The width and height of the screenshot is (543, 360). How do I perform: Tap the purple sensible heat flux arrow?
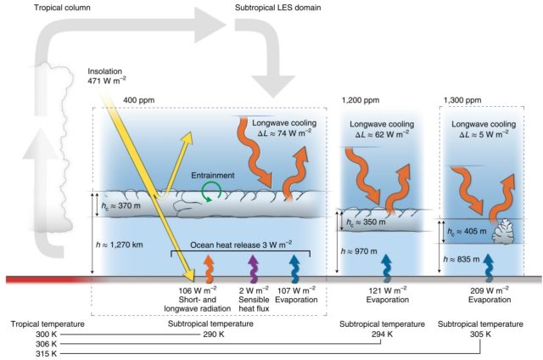254,269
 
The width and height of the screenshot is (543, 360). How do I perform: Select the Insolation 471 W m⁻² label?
106,76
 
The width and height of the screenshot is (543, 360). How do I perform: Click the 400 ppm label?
138,100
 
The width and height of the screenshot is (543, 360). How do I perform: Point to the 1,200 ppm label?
360,100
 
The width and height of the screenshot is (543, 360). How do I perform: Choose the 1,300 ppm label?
462,100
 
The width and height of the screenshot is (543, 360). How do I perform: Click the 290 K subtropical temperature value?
213,335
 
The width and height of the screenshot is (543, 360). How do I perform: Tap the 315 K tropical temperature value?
46,354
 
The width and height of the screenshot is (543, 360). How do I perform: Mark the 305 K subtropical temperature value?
480,335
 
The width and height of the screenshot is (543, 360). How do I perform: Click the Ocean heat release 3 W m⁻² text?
241,245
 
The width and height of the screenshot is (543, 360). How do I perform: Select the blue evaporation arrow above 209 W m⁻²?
489,267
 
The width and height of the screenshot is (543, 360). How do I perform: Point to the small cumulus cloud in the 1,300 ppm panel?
503,231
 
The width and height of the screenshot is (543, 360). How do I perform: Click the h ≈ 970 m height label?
359,251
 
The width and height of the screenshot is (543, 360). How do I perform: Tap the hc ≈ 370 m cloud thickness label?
120,205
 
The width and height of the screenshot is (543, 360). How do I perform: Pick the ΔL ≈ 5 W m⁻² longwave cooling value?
484,134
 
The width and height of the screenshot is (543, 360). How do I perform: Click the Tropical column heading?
62,8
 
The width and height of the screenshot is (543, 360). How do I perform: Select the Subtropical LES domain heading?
277,8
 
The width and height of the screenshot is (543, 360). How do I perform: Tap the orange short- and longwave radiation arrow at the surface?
209,269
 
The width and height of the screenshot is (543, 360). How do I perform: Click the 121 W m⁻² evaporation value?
388,290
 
